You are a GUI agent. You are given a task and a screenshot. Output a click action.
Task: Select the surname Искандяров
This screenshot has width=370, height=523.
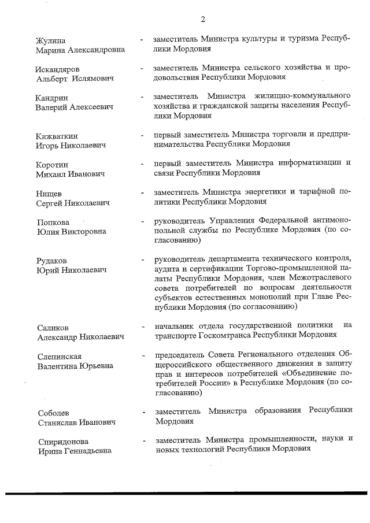pos(57,69)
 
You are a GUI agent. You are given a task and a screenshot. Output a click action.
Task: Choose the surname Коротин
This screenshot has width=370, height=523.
pos(52,164)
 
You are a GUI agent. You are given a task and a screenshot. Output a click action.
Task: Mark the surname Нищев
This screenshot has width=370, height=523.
pos(49,194)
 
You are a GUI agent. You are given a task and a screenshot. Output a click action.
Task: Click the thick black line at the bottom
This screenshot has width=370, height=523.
pos(185,493)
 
